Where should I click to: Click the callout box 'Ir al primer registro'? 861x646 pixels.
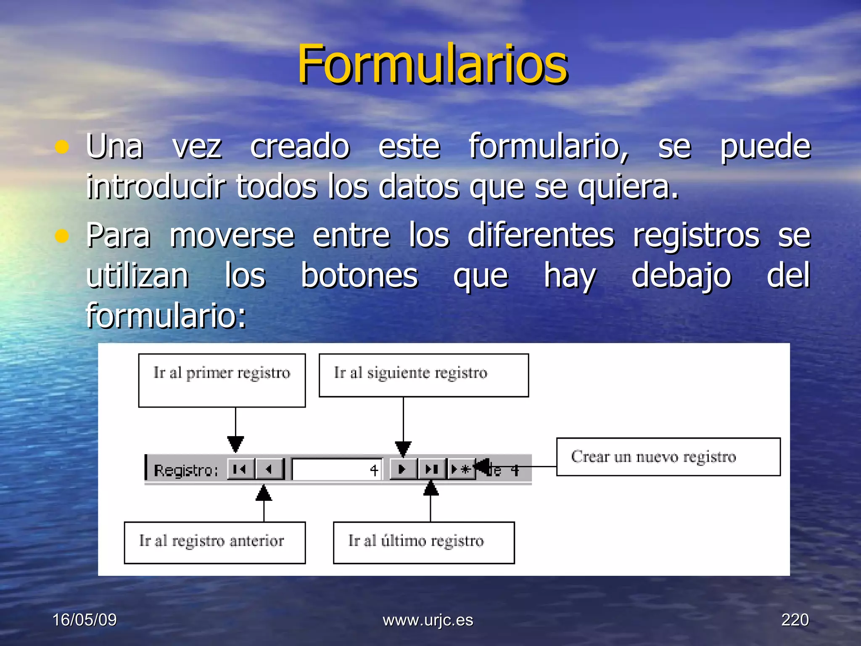tap(222, 380)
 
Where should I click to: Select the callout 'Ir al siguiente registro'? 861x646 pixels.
tap(423, 375)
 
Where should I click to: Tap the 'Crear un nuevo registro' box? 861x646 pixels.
tap(668, 457)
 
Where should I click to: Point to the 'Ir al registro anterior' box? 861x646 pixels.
tap(214, 542)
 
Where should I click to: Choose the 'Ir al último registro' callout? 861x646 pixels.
tap(423, 542)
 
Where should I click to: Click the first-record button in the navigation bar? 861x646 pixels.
tap(240, 469)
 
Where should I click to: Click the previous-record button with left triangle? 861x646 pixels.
tap(269, 469)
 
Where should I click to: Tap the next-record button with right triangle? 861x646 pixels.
tap(403, 469)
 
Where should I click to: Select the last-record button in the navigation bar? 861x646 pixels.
tap(431, 469)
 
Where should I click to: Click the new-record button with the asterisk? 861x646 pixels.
tap(461, 469)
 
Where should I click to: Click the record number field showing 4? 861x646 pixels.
tap(337, 469)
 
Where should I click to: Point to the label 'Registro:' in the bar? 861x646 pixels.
tap(186, 470)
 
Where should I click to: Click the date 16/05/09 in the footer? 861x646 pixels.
tap(85, 620)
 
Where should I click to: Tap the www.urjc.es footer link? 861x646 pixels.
tap(428, 620)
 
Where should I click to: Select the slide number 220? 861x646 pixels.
tap(795, 620)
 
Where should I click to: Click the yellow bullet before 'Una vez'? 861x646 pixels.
tap(62, 147)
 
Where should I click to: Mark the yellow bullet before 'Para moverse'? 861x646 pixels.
tap(62, 236)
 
